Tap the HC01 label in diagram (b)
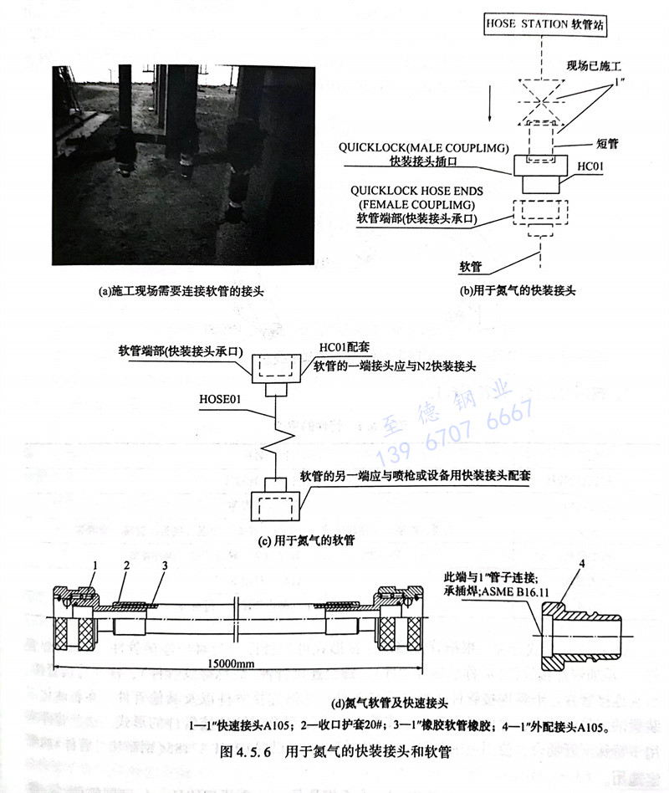click(x=589, y=168)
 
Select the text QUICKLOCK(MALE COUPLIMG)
click(x=424, y=148)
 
